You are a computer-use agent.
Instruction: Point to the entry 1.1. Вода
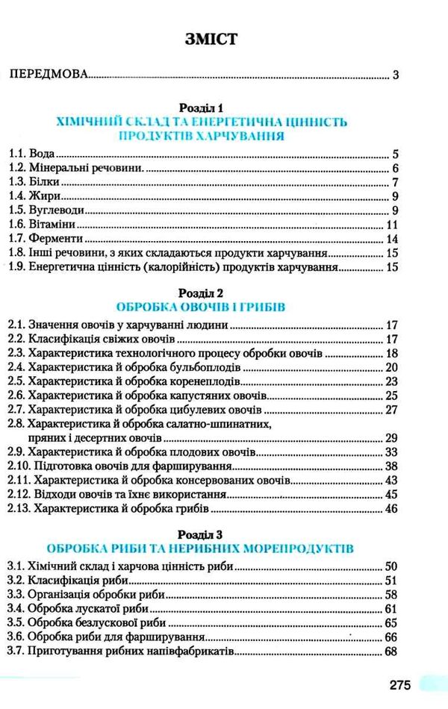tap(31, 155)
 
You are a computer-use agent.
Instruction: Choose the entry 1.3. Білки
tap(34, 184)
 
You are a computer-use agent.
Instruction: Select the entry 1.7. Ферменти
tap(43, 240)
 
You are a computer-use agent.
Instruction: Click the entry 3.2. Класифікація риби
tap(69, 580)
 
